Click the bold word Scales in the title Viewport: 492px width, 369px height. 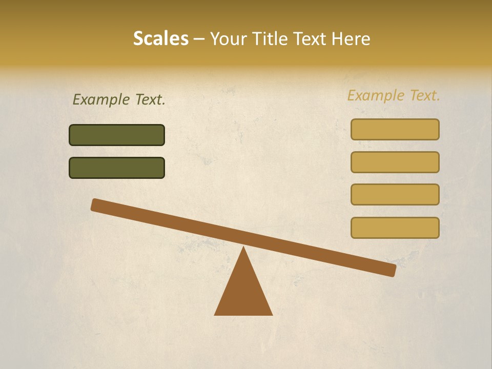pyautogui.click(x=160, y=38)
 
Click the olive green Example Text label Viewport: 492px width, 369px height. pyautogui.click(x=119, y=99)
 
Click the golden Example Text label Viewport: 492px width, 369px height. pyautogui.click(x=394, y=95)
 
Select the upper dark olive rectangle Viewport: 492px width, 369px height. pyautogui.click(x=117, y=135)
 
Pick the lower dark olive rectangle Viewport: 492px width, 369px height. pyautogui.click(x=117, y=168)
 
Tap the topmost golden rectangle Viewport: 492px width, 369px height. pyautogui.click(x=395, y=129)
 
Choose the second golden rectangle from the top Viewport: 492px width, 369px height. pyautogui.click(x=395, y=162)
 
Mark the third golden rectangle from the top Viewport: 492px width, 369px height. pyautogui.click(x=395, y=194)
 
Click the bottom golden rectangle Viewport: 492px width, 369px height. pyautogui.click(x=395, y=228)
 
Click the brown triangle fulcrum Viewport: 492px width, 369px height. pyautogui.click(x=243, y=292)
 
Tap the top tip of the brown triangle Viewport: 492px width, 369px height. pyautogui.click(x=243, y=249)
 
